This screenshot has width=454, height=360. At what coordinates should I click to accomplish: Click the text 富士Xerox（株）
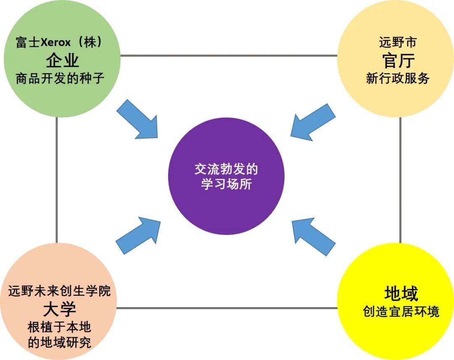(60, 42)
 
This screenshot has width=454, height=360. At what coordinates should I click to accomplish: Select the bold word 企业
(62, 60)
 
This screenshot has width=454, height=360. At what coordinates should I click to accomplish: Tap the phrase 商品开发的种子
(60, 78)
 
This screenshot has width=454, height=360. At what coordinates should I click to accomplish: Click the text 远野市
(398, 42)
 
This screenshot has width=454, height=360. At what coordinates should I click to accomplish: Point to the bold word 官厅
(398, 60)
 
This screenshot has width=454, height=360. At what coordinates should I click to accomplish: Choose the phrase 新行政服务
(398, 78)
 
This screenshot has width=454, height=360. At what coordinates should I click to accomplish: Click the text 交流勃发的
(226, 169)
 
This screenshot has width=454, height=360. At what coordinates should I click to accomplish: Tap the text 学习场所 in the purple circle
(226, 184)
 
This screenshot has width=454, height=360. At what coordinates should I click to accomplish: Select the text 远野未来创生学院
(59, 291)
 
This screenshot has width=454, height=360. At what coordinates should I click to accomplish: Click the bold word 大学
(60, 309)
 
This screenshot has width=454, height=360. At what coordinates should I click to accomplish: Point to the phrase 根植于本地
(59, 327)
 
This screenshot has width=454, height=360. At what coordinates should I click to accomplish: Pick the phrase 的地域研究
(59, 342)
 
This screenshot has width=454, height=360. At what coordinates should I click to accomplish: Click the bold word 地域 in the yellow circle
(401, 293)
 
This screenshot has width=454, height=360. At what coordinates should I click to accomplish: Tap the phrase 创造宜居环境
(401, 311)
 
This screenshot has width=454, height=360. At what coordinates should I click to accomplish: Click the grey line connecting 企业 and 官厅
(229, 55)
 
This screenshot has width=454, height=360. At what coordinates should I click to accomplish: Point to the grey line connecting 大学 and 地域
(227, 308)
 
